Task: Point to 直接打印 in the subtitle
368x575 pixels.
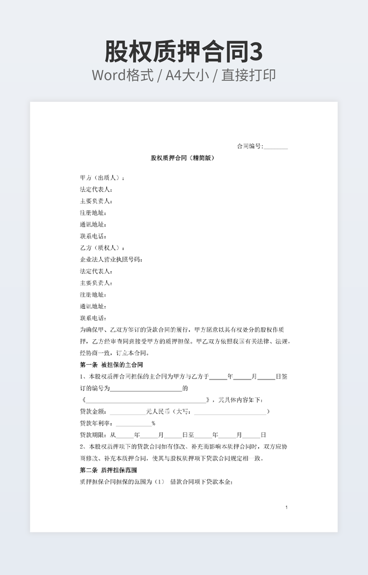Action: (248, 75)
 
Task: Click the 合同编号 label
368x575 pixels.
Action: (249, 146)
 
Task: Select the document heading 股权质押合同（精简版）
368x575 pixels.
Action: (183, 158)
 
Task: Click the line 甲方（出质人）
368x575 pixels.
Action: (102, 178)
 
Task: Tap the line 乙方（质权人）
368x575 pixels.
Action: (102, 248)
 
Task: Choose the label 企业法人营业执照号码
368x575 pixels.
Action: (111, 259)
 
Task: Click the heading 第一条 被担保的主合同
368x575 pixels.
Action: (111, 364)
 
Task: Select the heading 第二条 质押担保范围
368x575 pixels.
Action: (108, 469)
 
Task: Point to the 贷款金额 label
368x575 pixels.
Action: (93, 411)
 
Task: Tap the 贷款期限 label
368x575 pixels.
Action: (93, 435)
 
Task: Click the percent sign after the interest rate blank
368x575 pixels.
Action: (154, 423)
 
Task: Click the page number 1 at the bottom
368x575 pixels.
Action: (286, 507)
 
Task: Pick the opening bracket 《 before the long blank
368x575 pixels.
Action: (83, 400)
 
